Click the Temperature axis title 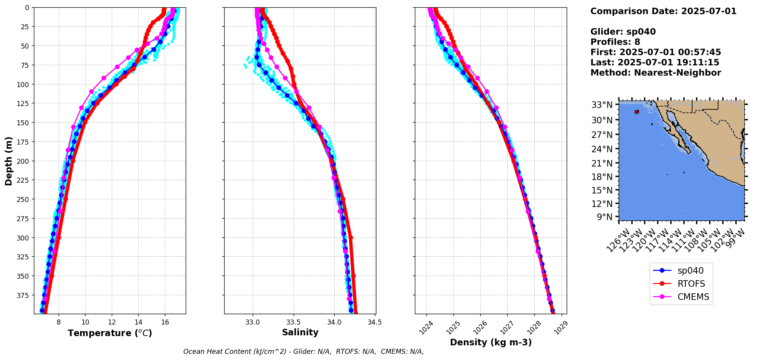[110, 333]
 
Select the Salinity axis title [300, 332]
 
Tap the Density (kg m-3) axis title [490, 342]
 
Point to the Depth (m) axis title [8, 161]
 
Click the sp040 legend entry [689, 271]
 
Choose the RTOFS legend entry [691, 284]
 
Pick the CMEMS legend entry [693, 297]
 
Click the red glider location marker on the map [637, 112]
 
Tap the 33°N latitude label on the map [602, 105]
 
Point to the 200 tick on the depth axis [24, 161]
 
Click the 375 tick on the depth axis [24, 295]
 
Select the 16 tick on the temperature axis [165, 322]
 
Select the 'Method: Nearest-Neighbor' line [655, 73]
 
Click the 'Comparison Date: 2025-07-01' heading [663, 11]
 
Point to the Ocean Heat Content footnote [304, 352]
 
